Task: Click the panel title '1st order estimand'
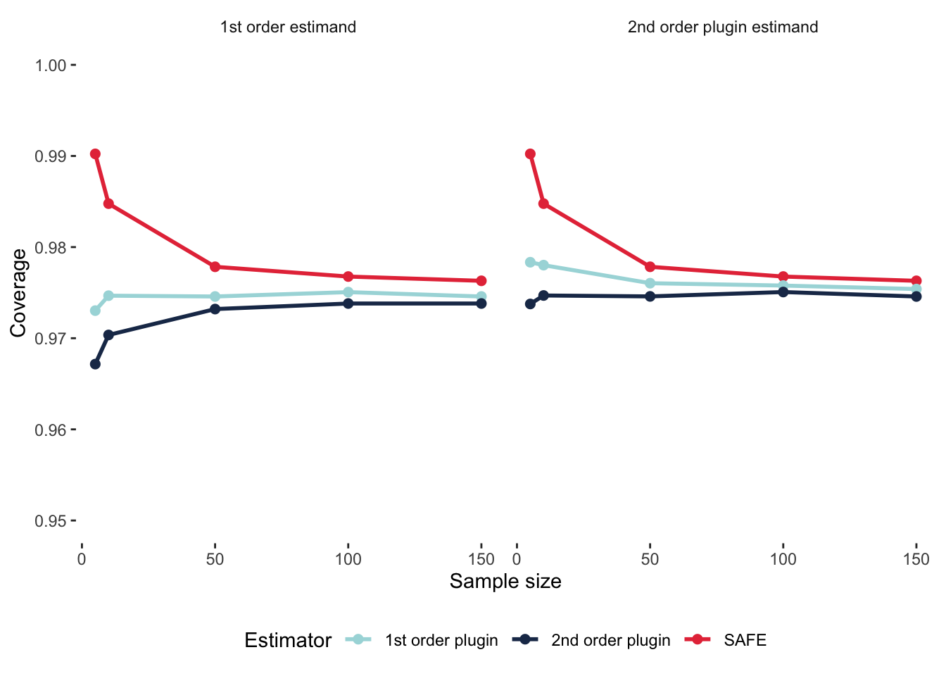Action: pos(288,27)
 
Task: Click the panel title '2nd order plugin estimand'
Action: pos(723,27)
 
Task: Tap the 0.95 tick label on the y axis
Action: pos(51,521)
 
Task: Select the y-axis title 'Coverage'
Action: pos(19,293)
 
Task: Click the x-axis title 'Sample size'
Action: pos(505,582)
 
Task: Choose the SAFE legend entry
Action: pos(745,640)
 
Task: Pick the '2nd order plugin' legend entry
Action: pos(610,640)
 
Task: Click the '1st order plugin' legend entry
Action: pos(441,640)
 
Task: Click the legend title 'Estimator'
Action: pos(288,640)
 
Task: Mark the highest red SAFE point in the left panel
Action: pos(95,154)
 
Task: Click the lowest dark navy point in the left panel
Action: pos(95,364)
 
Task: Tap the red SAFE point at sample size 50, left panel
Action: pos(215,267)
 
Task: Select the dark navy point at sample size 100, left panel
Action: pos(348,303)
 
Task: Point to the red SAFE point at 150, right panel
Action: pos(916,281)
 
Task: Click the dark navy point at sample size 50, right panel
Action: pos(650,296)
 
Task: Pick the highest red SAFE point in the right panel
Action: pos(530,154)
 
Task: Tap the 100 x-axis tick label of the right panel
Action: pos(783,560)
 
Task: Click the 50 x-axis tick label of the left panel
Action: pos(215,560)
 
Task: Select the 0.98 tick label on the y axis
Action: pos(51,248)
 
